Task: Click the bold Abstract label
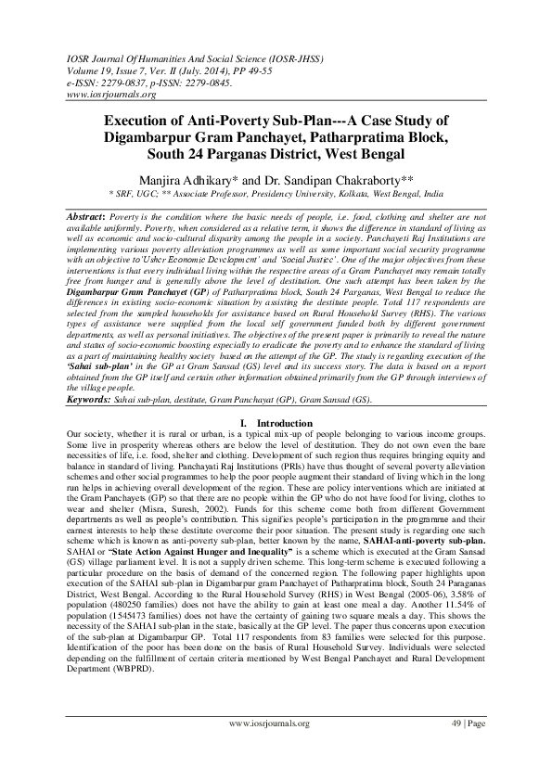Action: pyautogui.click(x=87, y=215)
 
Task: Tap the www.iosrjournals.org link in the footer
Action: pyautogui.click(x=263, y=723)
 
